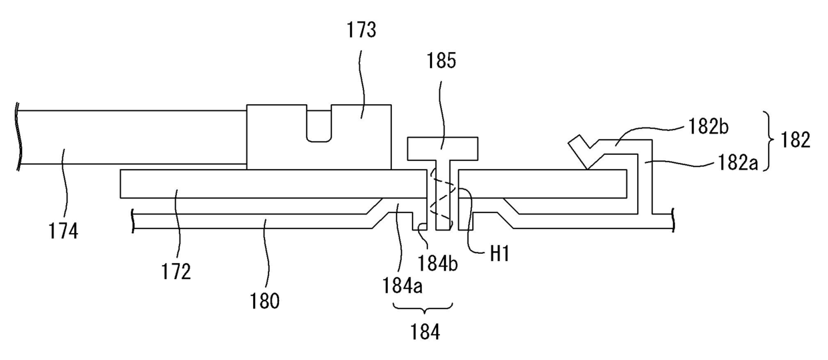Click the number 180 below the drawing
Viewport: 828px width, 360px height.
tap(266, 301)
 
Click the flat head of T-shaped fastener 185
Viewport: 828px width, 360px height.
tap(443, 148)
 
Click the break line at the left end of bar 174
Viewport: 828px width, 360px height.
tap(21, 136)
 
